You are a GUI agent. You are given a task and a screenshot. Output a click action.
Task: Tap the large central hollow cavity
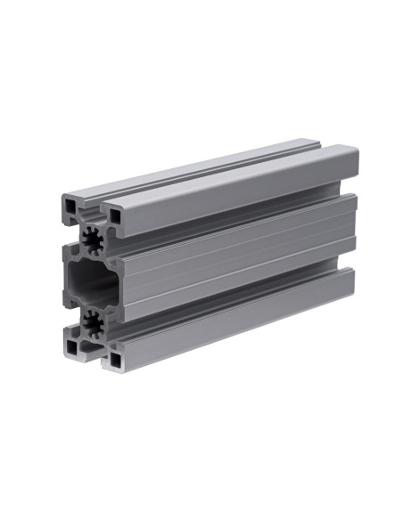[x=89, y=280]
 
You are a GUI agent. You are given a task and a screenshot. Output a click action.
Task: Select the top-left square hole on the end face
[x=70, y=205]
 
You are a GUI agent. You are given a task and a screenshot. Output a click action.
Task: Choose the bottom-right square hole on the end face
[x=114, y=360]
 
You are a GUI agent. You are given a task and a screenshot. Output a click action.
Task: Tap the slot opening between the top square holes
[x=91, y=210]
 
